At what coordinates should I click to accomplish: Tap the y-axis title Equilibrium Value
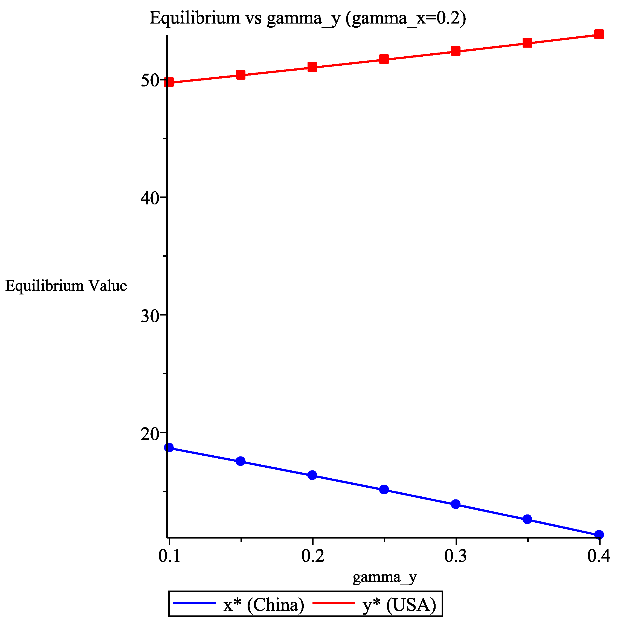click(x=66, y=286)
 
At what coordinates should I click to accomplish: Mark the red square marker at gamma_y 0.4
click(x=599, y=34)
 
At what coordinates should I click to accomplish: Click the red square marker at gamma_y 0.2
click(x=312, y=67)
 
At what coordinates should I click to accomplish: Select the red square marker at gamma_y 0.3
click(x=455, y=51)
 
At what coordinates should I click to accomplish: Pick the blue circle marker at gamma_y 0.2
click(x=312, y=475)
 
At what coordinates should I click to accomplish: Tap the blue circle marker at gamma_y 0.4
click(x=599, y=535)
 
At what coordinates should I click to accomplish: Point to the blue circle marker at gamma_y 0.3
click(x=455, y=504)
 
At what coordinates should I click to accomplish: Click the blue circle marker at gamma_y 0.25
click(x=384, y=490)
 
